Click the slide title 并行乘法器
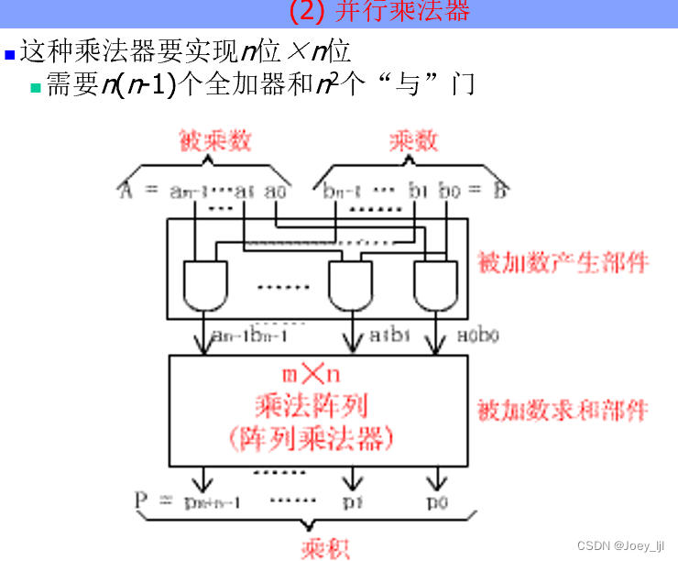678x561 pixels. click(x=378, y=12)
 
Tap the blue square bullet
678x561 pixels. click(x=9, y=54)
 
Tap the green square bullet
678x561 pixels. click(x=37, y=88)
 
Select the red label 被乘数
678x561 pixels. click(x=214, y=140)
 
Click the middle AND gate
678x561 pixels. click(x=351, y=285)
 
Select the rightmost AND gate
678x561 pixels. click(x=437, y=285)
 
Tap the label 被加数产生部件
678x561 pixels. click(x=563, y=263)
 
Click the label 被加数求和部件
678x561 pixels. click(x=563, y=410)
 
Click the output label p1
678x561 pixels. click(x=353, y=503)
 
